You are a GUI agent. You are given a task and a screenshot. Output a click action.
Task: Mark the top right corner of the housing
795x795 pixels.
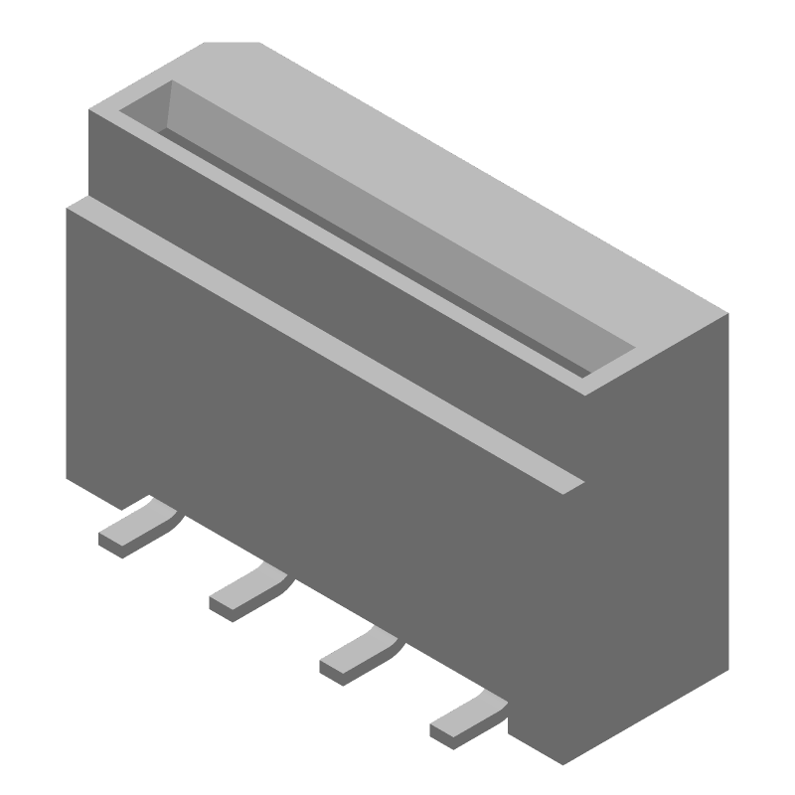click(727, 314)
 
